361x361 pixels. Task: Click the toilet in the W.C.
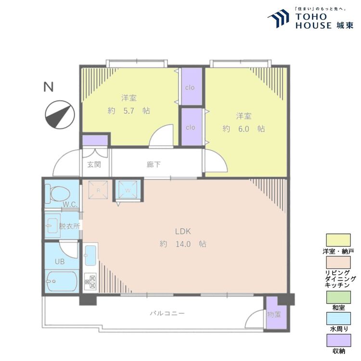[x=58, y=194]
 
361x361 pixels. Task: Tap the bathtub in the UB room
[x=62, y=282]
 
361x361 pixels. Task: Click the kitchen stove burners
[x=90, y=282]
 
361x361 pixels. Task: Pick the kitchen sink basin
[x=90, y=255]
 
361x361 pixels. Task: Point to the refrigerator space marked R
[x=98, y=190]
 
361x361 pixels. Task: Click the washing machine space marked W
[x=128, y=190]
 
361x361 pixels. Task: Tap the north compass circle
[x=60, y=115]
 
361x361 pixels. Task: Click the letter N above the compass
[x=49, y=87]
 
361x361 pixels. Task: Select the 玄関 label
[x=94, y=165]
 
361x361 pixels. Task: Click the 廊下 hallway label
[x=154, y=165]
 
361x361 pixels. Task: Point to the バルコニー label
[x=168, y=313]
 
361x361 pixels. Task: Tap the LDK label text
[x=183, y=232]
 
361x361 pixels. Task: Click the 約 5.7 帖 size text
[x=129, y=111]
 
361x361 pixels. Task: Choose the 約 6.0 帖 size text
[x=244, y=129]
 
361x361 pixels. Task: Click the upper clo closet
[x=192, y=87]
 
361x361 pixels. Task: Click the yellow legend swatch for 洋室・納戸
[x=338, y=240]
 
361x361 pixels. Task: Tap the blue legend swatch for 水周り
[x=338, y=319]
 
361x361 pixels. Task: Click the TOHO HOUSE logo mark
[x=278, y=18]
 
